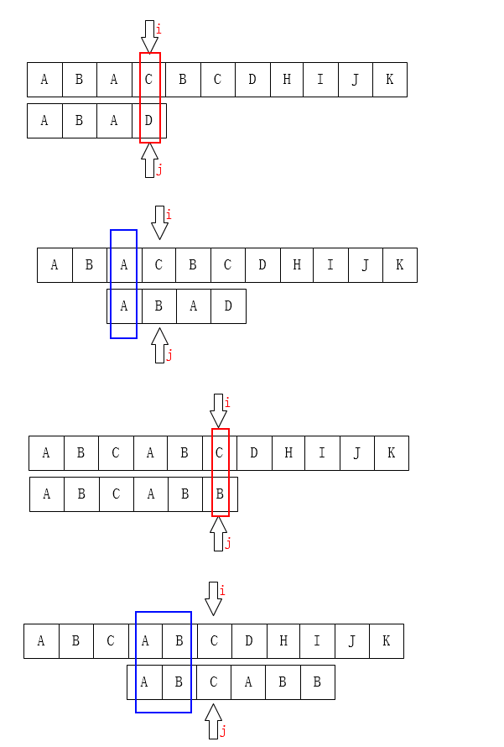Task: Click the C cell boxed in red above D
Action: coord(148,80)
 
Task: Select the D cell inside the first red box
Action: coord(148,121)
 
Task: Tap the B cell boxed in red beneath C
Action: coord(219,494)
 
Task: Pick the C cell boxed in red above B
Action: coord(219,453)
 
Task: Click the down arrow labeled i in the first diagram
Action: coord(149,37)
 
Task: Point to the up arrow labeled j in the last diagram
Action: coord(213,721)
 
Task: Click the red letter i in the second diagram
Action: coord(168,215)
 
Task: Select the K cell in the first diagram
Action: coord(390,80)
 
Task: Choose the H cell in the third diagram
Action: coord(288,453)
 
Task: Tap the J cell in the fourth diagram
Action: coord(352,641)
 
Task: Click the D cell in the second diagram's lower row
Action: coord(228,306)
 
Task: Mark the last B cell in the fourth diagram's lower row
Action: coord(317,682)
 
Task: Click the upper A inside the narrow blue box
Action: coord(124,265)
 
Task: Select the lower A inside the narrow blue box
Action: coord(124,306)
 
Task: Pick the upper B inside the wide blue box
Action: coord(179,641)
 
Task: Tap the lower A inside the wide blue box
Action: coord(144,682)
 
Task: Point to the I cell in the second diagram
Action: coord(330,265)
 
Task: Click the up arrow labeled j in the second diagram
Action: coord(159,345)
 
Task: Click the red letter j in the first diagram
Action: coord(159,170)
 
